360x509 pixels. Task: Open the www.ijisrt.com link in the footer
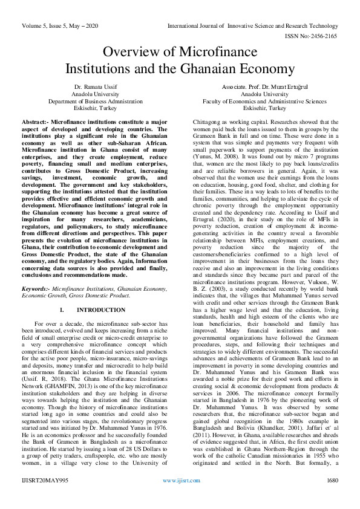pyautogui.click(x=179, y=498)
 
